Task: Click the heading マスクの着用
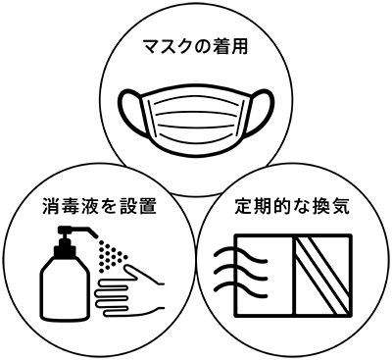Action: [x=196, y=48]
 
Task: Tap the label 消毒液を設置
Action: [x=99, y=207]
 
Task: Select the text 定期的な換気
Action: [x=292, y=207]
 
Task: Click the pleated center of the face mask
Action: [x=196, y=118]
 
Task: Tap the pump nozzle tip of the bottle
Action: [x=95, y=234]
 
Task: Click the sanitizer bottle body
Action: [x=65, y=287]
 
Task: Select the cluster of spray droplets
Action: [x=110, y=255]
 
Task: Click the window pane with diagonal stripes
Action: [x=323, y=276]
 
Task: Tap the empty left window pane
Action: [x=266, y=276]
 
